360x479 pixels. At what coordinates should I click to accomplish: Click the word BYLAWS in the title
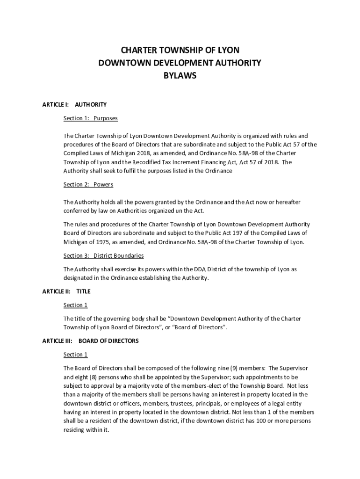tap(180, 75)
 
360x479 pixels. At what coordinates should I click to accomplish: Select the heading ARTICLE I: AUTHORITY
tap(74, 104)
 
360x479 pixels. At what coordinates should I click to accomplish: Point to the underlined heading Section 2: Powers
tap(88, 184)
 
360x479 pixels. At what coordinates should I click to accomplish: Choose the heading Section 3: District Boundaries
tap(103, 256)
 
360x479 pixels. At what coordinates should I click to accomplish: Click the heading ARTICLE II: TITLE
tap(66, 291)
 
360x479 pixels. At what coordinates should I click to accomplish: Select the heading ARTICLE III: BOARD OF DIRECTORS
tap(90, 341)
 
